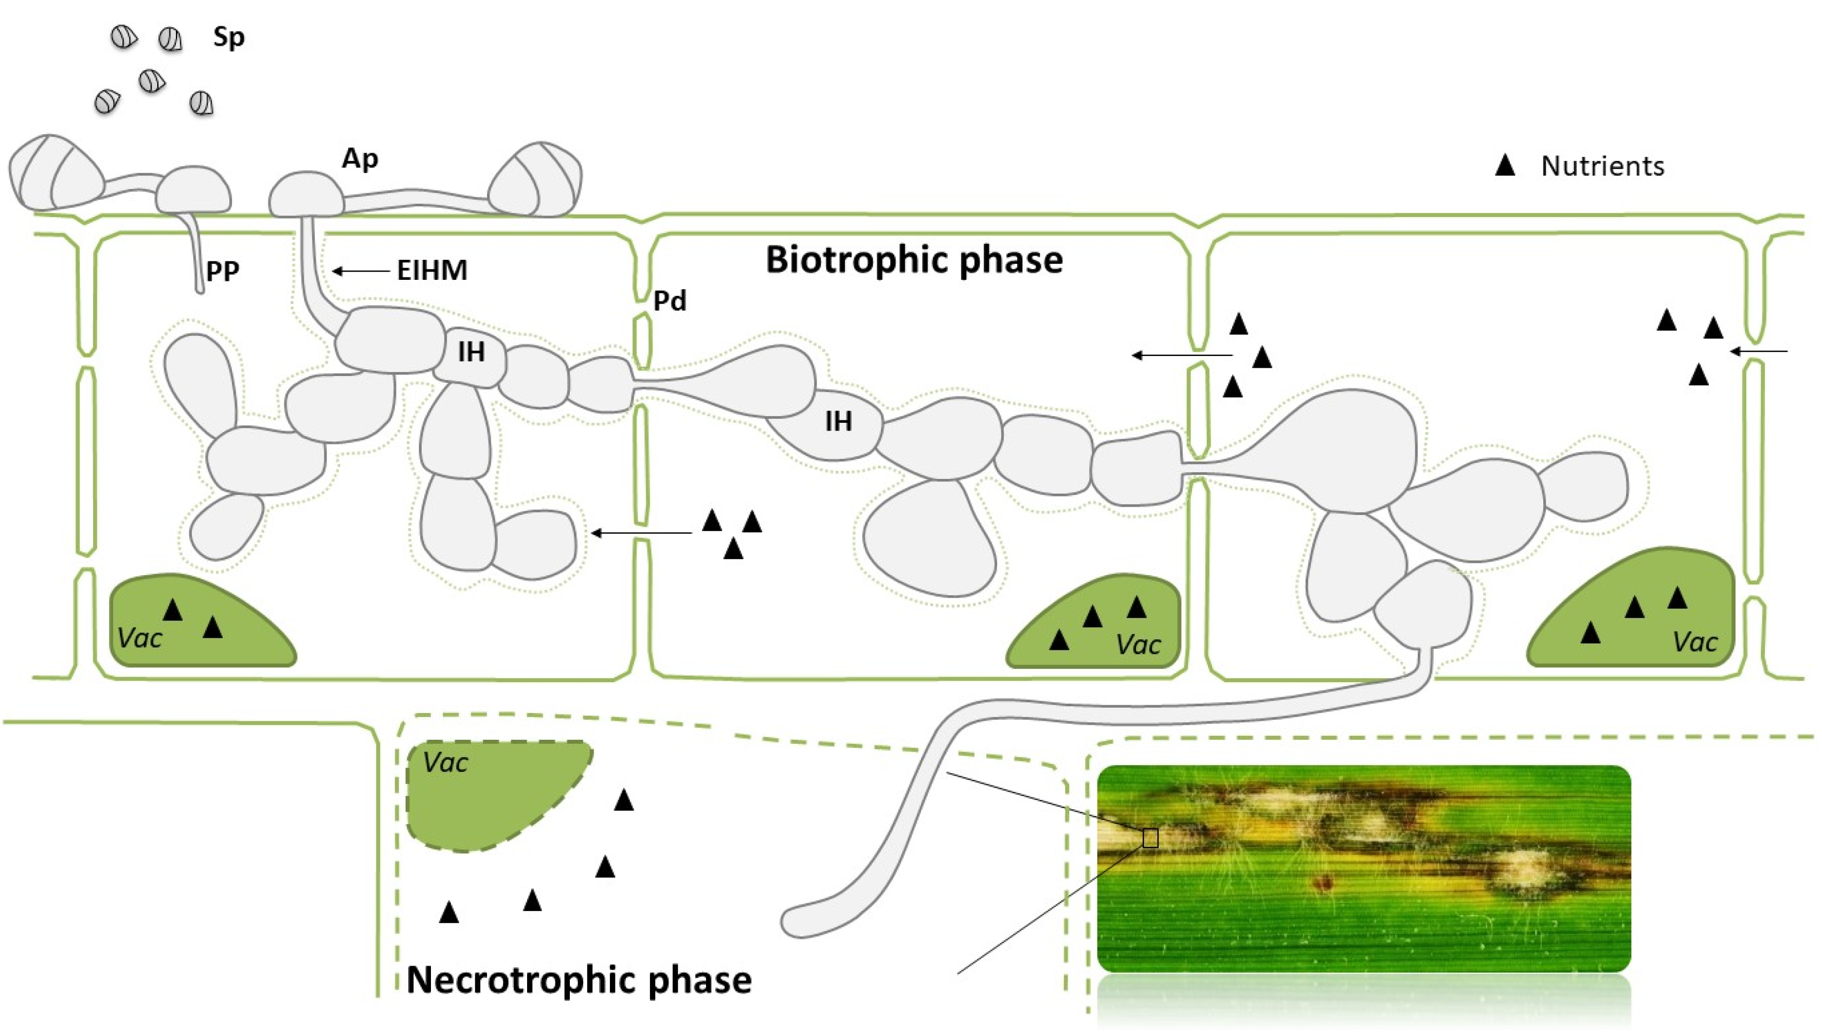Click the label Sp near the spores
[228, 37]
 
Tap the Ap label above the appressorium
[359, 159]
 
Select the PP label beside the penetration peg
[223, 270]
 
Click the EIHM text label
[432, 270]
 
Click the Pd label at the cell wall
[670, 301]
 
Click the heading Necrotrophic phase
[579, 981]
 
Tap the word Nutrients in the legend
[1602, 166]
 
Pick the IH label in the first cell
[471, 352]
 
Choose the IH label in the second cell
[838, 421]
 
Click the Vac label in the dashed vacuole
[445, 763]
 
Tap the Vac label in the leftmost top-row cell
[140, 638]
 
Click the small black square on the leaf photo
[1150, 838]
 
